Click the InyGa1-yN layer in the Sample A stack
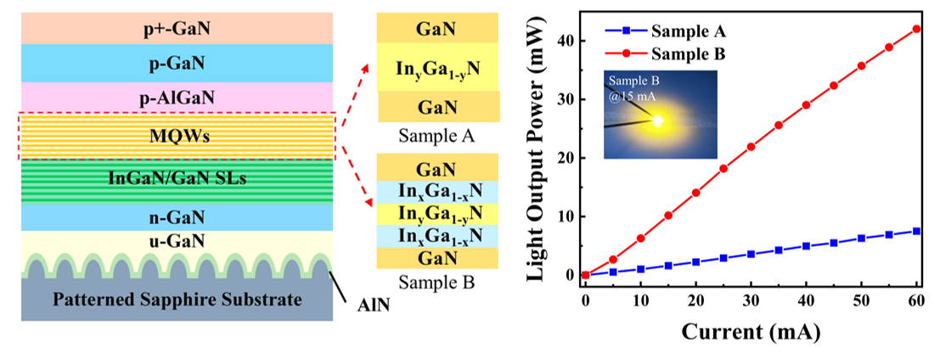click(436, 69)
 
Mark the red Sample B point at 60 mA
click(916, 29)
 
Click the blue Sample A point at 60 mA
click(916, 231)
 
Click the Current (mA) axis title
click(751, 332)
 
